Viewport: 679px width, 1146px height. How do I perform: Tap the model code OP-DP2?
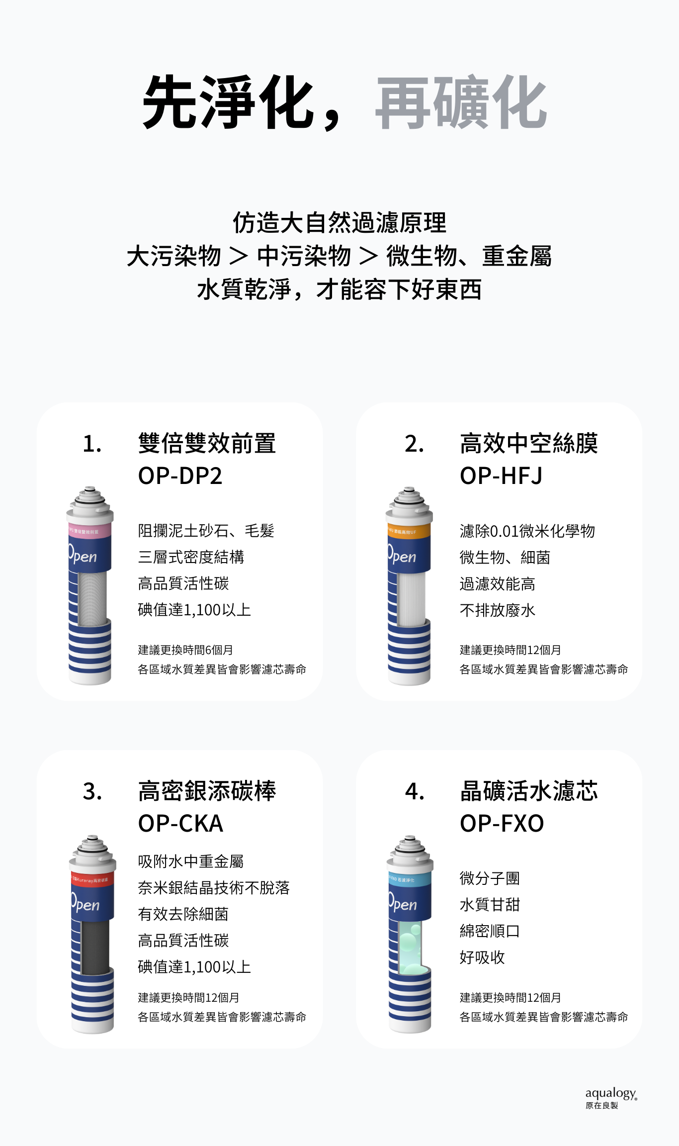(180, 476)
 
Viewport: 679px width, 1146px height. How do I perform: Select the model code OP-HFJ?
(501, 476)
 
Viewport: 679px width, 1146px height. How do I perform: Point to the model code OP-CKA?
(180, 824)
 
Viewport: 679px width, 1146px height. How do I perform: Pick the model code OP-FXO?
(502, 824)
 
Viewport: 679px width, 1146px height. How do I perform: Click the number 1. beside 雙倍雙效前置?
(92, 444)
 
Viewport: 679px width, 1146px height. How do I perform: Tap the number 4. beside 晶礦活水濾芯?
(415, 791)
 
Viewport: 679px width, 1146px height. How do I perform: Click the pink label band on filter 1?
(89, 531)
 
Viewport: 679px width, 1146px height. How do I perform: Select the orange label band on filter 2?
(409, 531)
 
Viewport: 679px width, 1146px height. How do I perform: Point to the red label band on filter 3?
(92, 879)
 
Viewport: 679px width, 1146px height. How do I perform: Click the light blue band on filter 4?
(410, 879)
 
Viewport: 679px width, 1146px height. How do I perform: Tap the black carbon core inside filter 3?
(95, 948)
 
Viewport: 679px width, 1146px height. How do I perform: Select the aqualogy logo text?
(610, 1093)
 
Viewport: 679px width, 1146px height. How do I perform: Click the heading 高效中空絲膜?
(528, 444)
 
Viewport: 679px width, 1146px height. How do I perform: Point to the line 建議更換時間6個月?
(185, 650)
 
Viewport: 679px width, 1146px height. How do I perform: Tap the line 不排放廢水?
(497, 610)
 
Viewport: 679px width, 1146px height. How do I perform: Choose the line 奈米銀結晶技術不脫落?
(214, 888)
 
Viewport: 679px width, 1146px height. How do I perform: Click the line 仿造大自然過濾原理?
(339, 222)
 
